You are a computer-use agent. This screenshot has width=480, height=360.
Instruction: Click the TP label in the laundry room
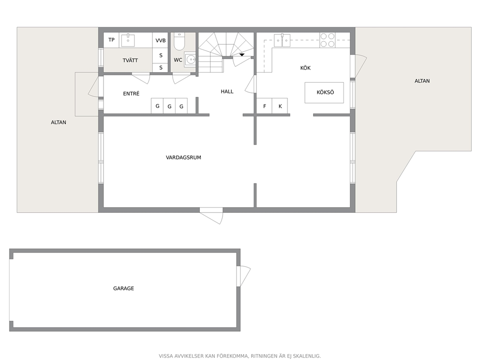(111, 40)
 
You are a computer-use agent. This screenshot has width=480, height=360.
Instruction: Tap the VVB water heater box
(160, 40)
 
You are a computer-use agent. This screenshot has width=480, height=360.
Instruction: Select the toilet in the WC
(179, 42)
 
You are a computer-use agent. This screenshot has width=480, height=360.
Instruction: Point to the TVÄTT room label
(130, 60)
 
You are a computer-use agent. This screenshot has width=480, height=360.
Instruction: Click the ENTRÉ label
(131, 93)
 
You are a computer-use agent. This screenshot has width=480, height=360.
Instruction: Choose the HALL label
(227, 91)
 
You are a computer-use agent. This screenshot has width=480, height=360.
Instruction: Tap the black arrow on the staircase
(242, 55)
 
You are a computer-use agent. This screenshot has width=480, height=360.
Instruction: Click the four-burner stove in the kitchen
(327, 40)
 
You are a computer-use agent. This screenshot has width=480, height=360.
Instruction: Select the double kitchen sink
(282, 40)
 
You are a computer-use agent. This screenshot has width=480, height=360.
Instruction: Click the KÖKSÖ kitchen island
(324, 92)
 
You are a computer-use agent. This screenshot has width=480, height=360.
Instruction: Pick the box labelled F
(264, 106)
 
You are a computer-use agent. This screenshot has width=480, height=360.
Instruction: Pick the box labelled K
(280, 106)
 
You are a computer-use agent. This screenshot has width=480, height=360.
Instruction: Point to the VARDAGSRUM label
(183, 157)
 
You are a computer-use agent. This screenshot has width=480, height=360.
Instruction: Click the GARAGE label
(123, 288)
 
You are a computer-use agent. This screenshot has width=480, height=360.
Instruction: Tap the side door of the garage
(243, 276)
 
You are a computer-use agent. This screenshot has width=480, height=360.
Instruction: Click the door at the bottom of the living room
(211, 215)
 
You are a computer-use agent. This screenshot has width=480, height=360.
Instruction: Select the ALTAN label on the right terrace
(422, 81)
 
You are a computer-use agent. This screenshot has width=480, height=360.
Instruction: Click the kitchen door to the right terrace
(359, 66)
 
